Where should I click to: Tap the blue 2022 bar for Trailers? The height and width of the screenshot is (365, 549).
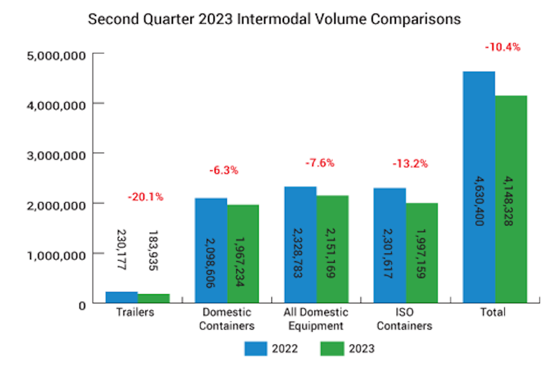(x=121, y=297)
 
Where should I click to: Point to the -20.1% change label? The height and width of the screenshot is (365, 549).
(x=145, y=197)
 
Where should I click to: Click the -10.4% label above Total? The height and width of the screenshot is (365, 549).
(x=502, y=47)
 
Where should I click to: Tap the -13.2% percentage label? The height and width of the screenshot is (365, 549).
(x=410, y=164)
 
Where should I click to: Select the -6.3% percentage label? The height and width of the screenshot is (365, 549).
(x=223, y=170)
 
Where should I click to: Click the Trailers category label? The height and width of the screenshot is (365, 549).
(x=135, y=312)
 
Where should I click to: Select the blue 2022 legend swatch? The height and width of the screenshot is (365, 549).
(x=256, y=348)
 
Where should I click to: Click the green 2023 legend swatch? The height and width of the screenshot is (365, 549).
(x=332, y=348)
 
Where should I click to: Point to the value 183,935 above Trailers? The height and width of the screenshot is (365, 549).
(x=153, y=251)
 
